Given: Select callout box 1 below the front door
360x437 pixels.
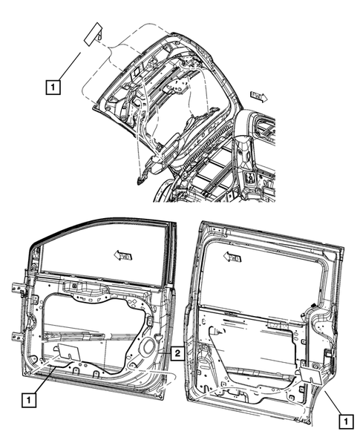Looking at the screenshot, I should point(27,399).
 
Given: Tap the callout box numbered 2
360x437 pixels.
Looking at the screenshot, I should point(177,353).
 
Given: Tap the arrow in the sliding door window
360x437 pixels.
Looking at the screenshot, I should point(232,258).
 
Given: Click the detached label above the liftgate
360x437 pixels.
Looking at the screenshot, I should point(93,35).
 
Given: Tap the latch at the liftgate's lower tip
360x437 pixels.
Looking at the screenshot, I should point(140,179).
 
